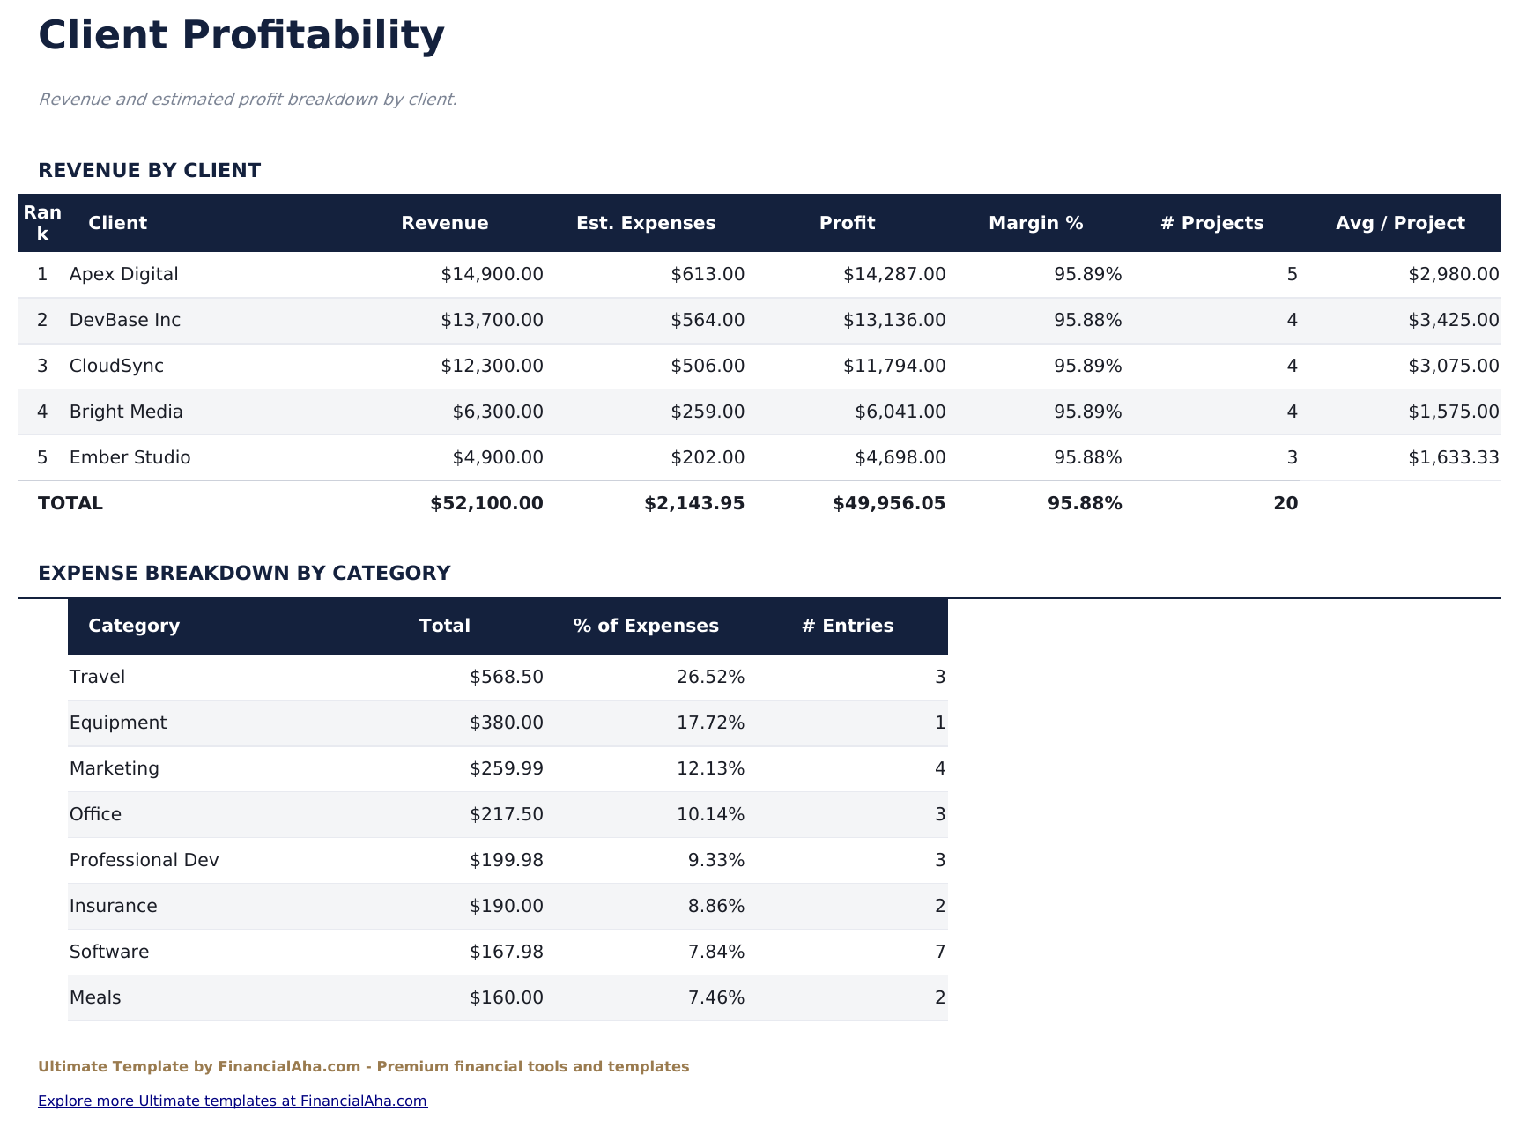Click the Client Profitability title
(x=241, y=36)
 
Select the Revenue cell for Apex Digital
(x=492, y=274)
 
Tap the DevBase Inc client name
(x=124, y=320)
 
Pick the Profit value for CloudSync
(x=893, y=366)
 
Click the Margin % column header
(x=1035, y=223)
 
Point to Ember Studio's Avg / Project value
(x=1453, y=457)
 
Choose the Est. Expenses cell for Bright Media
(x=707, y=412)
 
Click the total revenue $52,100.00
(x=486, y=503)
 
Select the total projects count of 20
(x=1285, y=503)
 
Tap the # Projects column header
(x=1211, y=223)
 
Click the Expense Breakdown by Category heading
(x=244, y=573)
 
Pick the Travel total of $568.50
(x=506, y=677)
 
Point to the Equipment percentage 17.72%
(x=710, y=723)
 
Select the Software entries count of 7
(x=939, y=952)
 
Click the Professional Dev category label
(x=144, y=860)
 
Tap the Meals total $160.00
(x=506, y=997)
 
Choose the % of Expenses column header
(x=646, y=626)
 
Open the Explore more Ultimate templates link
(x=233, y=1101)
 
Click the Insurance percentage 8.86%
(x=715, y=906)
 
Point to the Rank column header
(x=42, y=223)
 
